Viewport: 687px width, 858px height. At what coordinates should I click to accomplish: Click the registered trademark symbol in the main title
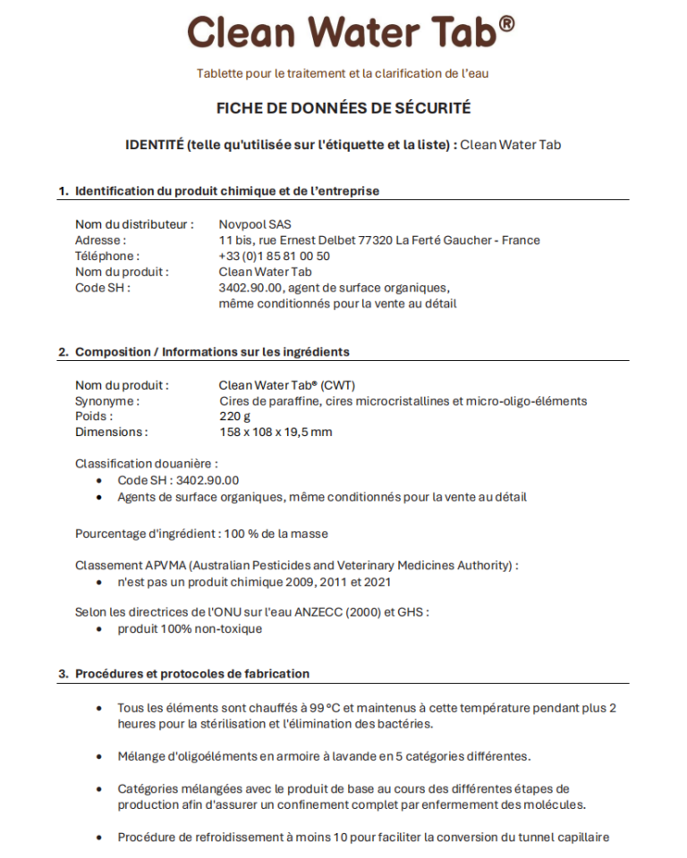[506, 23]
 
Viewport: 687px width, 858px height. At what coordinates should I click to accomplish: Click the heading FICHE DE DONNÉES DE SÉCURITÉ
[343, 108]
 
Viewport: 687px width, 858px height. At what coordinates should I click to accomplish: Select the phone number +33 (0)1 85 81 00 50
[274, 256]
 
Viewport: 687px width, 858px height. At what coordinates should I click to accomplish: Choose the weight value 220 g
[234, 416]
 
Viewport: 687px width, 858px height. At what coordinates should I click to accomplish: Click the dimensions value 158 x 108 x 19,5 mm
[275, 432]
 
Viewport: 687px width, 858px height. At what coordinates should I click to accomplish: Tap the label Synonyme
[105, 401]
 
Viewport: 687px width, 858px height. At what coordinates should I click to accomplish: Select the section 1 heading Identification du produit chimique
[227, 190]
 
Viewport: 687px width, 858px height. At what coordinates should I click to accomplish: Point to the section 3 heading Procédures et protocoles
[192, 673]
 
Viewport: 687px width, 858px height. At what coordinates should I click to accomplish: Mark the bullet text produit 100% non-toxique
[190, 628]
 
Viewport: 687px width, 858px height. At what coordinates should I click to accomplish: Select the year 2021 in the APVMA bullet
[375, 582]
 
